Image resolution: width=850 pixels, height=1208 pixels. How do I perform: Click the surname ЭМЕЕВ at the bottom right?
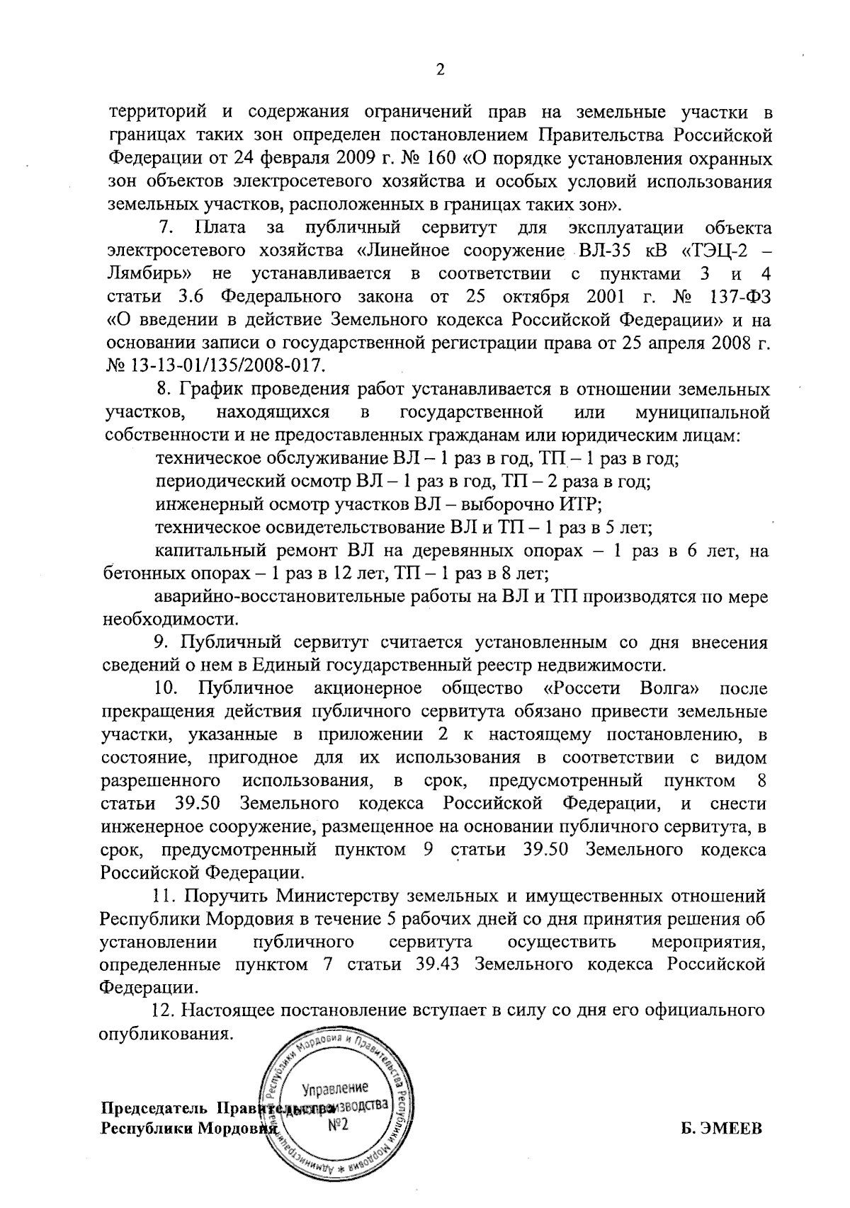click(730, 1128)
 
